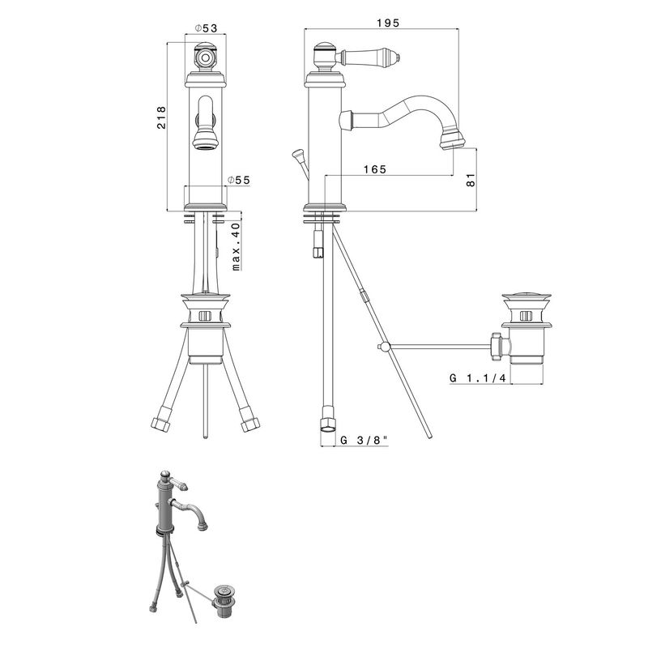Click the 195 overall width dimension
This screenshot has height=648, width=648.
pos(388,23)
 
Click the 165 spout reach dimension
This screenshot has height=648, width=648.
pos(375,169)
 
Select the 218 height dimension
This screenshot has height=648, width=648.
pos(161,117)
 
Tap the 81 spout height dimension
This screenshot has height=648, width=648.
pos(471,180)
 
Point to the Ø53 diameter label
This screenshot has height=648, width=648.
pos(206,28)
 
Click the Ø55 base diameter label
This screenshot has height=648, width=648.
pos(239,180)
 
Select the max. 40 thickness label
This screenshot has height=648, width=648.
pos(236,247)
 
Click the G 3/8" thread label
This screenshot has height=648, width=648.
pos(364,440)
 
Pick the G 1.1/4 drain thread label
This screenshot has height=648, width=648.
pos(478,378)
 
